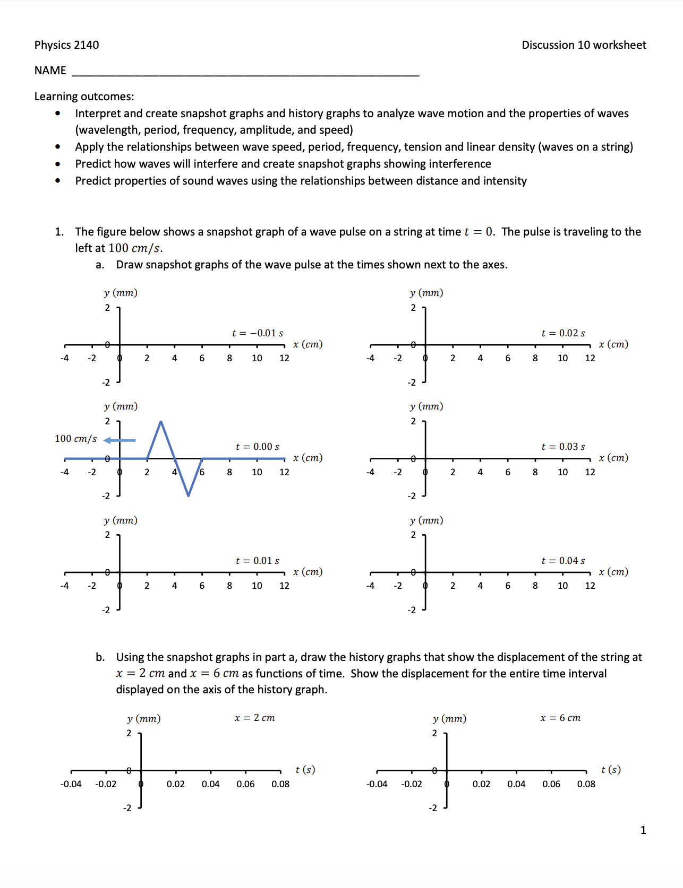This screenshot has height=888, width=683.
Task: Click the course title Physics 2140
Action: pos(66,45)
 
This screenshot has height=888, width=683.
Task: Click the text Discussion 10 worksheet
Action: pos(584,45)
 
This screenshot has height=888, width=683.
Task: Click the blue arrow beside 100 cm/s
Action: pos(119,440)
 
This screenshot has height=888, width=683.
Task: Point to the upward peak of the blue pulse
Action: pos(161,422)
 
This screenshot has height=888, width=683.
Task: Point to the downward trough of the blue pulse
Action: pos(188,495)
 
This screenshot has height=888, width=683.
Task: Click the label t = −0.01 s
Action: pos(258,333)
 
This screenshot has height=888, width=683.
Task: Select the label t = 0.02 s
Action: pos(563,333)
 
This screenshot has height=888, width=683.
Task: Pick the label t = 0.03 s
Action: pos(563,447)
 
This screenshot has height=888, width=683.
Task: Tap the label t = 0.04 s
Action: pos(563,561)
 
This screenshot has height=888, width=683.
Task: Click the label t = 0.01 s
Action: pos(258,561)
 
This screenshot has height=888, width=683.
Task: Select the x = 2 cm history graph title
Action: pos(255,718)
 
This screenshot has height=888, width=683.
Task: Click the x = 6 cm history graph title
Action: pos(560,718)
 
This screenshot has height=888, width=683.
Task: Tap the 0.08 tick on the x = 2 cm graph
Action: pos(280,784)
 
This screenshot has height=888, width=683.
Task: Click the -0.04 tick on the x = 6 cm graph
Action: pos(377,784)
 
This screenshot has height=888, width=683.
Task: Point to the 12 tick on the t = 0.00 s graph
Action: pos(284,472)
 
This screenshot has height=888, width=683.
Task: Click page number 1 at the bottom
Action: pos(643,830)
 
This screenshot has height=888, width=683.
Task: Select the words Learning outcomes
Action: pos(84,97)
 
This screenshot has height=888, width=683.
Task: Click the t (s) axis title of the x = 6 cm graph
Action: pos(611,770)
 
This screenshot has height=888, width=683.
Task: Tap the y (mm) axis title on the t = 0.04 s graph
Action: pos(426,520)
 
